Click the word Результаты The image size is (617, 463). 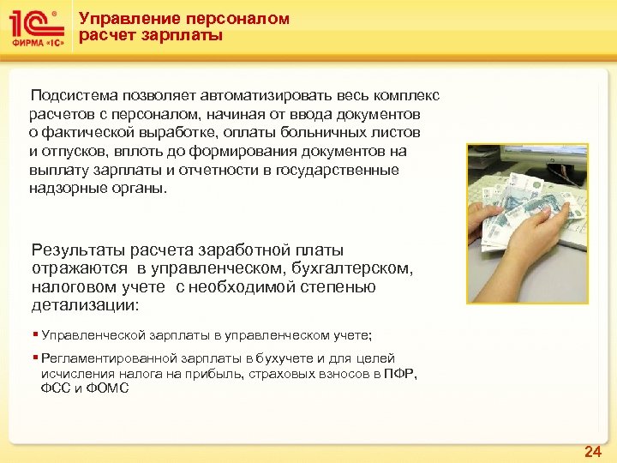(78, 250)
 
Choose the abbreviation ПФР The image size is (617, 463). (400, 373)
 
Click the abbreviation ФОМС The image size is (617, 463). (109, 388)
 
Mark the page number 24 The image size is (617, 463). (592, 452)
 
